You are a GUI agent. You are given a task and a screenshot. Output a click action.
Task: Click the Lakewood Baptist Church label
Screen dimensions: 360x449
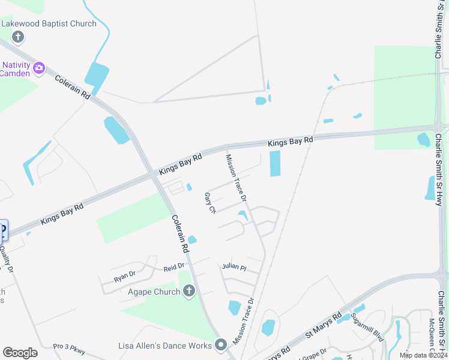(49, 23)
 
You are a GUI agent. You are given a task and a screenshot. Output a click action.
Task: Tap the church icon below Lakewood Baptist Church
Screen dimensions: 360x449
(18, 37)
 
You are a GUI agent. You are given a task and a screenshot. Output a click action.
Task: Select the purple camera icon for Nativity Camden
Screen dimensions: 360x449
(39, 67)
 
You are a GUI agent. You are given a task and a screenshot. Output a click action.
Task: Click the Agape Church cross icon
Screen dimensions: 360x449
(188, 292)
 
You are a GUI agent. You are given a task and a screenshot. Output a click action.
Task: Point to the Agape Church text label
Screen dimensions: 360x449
(154, 292)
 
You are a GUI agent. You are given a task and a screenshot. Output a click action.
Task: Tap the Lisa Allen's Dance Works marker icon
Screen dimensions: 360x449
(221, 345)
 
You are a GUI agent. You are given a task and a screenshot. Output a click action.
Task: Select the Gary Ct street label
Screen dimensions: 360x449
(210, 203)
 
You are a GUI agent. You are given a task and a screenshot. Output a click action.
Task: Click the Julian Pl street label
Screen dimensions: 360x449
(234, 266)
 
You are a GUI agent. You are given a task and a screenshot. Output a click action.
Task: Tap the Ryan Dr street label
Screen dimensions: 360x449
(125, 276)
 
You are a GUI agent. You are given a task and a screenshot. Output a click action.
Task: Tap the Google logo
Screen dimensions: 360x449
(20, 353)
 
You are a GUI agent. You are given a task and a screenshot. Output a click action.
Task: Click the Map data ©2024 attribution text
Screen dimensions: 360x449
(423, 355)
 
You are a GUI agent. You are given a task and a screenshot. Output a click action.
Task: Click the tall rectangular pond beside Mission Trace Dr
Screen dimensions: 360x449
(275, 163)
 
